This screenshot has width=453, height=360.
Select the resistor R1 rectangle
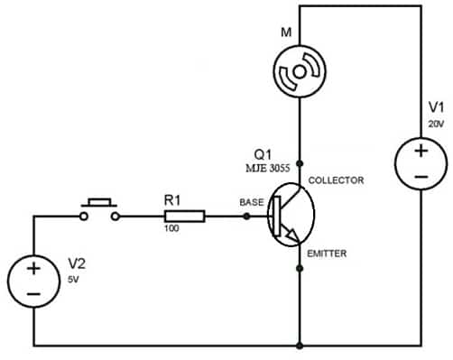click(184, 190)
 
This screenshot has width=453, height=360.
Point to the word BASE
click(250, 178)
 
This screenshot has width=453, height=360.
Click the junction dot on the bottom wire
click(300, 345)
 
